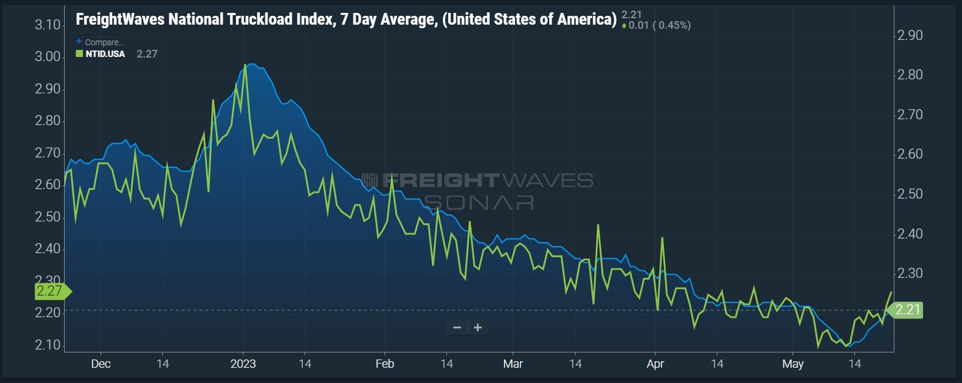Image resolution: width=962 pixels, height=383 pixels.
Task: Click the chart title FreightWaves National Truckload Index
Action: (x=346, y=19)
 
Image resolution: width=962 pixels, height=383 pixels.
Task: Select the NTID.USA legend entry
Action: (x=105, y=54)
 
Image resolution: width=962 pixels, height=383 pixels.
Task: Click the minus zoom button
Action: (x=457, y=328)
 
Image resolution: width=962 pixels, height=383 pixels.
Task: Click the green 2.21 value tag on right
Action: (x=906, y=310)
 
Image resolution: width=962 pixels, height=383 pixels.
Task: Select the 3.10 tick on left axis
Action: (x=48, y=25)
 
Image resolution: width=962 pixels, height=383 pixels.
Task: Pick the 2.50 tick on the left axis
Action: (x=48, y=217)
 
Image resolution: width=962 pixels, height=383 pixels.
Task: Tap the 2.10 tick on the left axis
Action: (x=48, y=345)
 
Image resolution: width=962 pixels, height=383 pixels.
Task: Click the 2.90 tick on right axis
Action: (x=910, y=35)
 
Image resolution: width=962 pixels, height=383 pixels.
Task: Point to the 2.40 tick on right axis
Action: (x=910, y=234)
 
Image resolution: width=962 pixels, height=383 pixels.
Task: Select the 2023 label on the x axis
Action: (x=243, y=364)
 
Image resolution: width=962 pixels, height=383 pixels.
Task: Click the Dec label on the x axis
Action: (x=101, y=364)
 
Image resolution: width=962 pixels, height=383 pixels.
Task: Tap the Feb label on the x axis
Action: (x=385, y=364)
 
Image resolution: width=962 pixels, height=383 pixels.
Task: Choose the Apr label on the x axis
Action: (x=655, y=364)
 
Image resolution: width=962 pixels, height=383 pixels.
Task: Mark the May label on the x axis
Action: (x=793, y=364)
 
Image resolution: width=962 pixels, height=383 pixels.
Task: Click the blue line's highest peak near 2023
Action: (x=252, y=64)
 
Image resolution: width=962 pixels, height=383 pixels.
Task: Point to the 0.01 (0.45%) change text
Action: (x=659, y=25)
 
